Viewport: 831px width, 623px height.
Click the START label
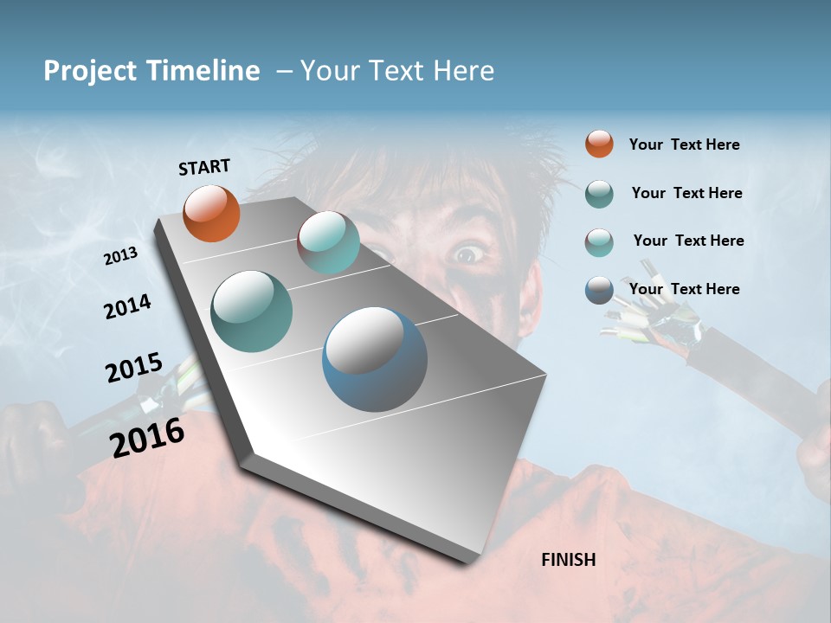(x=204, y=167)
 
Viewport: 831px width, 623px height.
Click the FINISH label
(x=569, y=560)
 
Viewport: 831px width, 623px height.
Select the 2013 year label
(x=121, y=255)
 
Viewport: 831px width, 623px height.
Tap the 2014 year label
(x=127, y=306)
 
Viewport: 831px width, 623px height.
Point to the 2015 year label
(x=134, y=367)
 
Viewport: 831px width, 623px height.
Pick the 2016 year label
(x=147, y=437)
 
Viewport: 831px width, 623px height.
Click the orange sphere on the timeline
(x=211, y=213)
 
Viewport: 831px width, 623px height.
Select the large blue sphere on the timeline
(x=374, y=359)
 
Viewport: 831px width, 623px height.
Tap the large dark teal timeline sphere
(x=251, y=311)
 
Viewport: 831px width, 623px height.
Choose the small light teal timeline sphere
(x=328, y=242)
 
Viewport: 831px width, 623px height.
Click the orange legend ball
(x=599, y=144)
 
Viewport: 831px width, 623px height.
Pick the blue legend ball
(x=599, y=290)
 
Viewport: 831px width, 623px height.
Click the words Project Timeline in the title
(x=151, y=71)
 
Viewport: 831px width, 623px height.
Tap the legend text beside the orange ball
(x=684, y=145)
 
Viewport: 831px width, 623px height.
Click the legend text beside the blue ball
(x=684, y=289)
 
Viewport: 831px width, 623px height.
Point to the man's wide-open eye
(x=467, y=254)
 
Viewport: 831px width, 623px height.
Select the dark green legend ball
(x=599, y=194)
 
